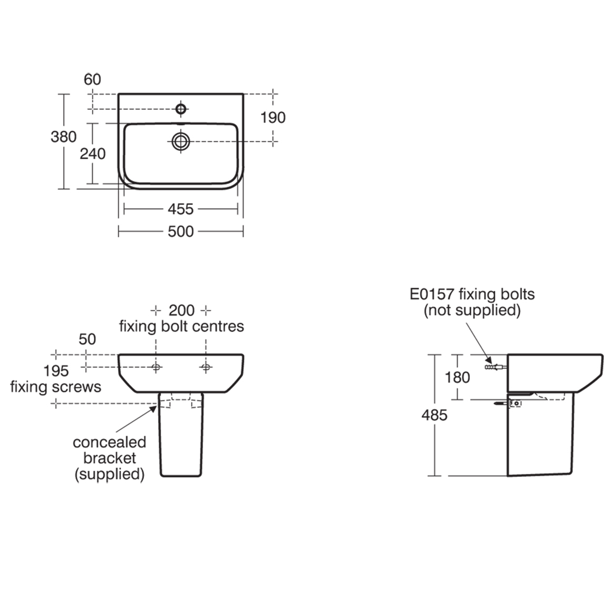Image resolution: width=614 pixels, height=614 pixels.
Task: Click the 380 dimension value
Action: click(63, 137)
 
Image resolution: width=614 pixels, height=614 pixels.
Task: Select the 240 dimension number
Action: click(93, 154)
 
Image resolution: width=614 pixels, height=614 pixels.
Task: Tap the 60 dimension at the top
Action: click(92, 79)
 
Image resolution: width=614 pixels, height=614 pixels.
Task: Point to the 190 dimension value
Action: click(273, 118)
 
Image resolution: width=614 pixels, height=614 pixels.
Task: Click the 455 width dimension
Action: click(181, 209)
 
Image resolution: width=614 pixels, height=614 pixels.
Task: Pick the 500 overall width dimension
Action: click(181, 232)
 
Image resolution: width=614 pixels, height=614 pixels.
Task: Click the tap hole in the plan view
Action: click(181, 109)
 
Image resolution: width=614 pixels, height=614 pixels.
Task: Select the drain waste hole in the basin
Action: click(181, 141)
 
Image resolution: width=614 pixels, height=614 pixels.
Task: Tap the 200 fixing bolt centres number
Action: click(181, 311)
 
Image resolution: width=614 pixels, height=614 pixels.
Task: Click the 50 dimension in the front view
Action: click(87, 339)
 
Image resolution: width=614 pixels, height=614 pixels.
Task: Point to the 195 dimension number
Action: click(56, 371)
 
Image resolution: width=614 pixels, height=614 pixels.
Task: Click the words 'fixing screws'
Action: click(56, 387)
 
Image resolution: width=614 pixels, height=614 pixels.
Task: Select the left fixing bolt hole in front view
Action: click(156, 367)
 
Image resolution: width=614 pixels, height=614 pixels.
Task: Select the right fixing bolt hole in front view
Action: click(206, 367)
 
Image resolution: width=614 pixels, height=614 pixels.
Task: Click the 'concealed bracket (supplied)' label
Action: click(109, 458)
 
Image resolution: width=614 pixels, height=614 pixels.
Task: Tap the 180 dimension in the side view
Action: click(457, 377)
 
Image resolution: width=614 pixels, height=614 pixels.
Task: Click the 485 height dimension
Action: click(434, 415)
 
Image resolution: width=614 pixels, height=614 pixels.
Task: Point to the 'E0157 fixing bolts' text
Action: click(472, 294)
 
